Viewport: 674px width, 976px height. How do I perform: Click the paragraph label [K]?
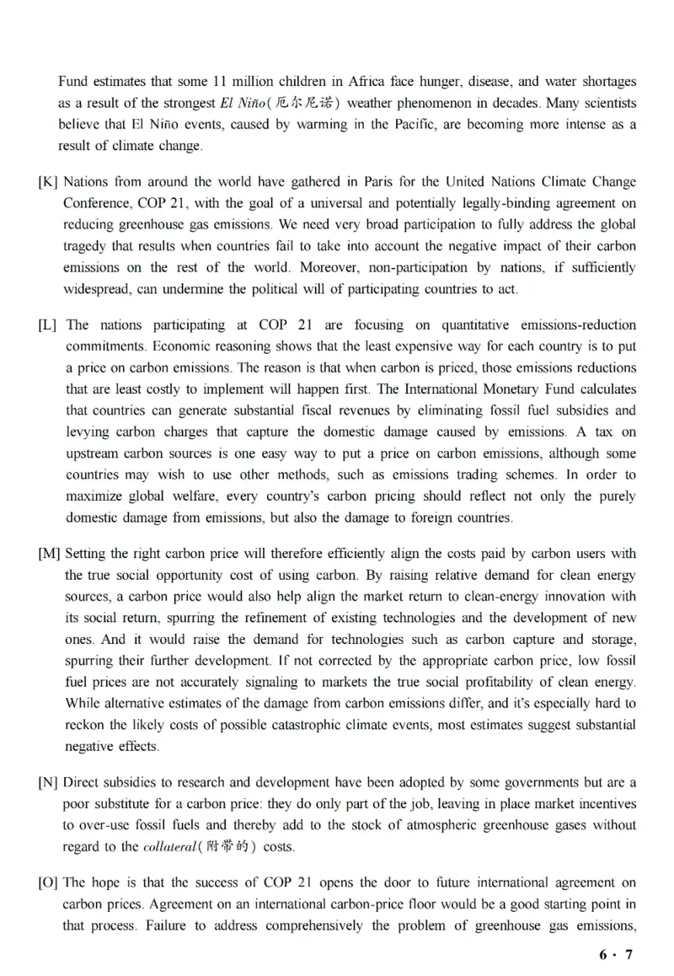tap(48, 182)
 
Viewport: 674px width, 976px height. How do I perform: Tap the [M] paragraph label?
tap(49, 554)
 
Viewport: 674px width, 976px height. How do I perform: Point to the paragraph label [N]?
tap(48, 782)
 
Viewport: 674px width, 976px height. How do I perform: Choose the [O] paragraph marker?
tap(48, 882)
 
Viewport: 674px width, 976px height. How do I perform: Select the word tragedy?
tap(87, 246)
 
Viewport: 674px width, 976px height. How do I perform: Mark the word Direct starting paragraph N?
tap(83, 782)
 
